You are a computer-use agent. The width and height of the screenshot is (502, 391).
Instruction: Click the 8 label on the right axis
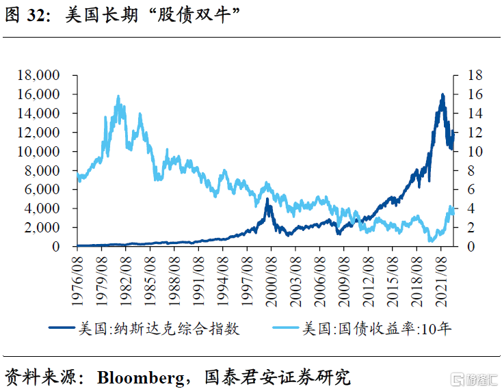(x=471, y=171)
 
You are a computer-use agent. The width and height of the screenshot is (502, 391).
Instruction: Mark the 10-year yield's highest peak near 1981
(x=118, y=97)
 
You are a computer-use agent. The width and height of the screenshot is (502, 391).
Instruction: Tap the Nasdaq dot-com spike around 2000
(x=267, y=200)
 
